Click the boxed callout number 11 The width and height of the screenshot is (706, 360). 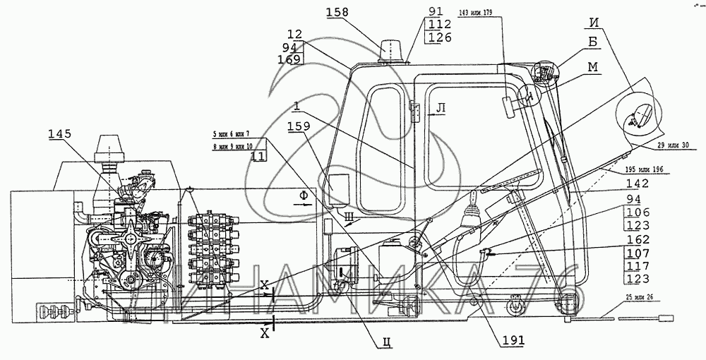(x=259, y=157)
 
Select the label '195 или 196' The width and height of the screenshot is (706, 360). (x=643, y=171)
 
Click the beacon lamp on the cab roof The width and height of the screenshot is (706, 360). (x=390, y=51)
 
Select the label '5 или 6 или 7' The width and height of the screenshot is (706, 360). (x=229, y=133)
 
